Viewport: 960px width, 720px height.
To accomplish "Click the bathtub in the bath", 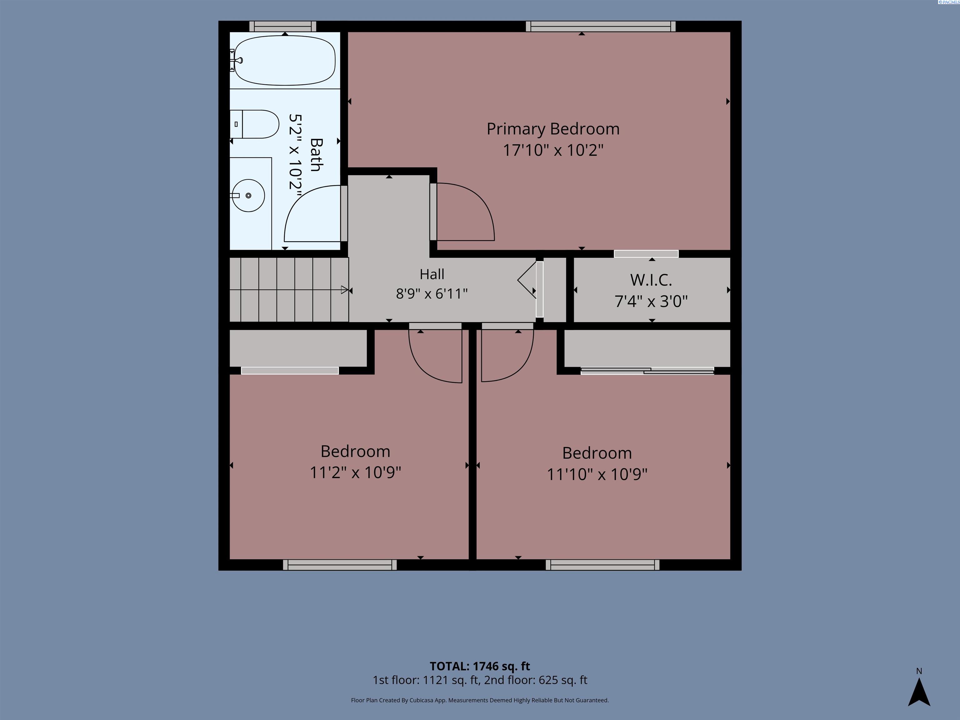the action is [x=284, y=60].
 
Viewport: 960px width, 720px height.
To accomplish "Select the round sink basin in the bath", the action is [x=248, y=196].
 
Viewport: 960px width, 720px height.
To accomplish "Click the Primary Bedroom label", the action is [x=553, y=129].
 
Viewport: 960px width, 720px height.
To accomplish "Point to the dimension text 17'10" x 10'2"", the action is [x=553, y=150].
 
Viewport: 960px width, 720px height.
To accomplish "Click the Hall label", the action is [x=432, y=274].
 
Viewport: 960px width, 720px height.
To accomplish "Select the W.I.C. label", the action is [x=651, y=280].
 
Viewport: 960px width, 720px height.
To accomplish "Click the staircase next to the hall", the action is [x=289, y=289].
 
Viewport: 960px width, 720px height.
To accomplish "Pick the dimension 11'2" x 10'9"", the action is [x=355, y=472].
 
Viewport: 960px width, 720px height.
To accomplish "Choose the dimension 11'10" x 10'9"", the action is [x=597, y=474].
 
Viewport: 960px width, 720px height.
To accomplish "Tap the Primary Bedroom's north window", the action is [x=601, y=27].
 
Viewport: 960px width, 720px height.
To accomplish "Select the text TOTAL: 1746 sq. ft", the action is [x=480, y=666].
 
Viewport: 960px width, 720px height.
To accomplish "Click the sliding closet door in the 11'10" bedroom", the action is [x=647, y=371].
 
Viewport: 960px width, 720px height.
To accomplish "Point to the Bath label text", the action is [x=316, y=155].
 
